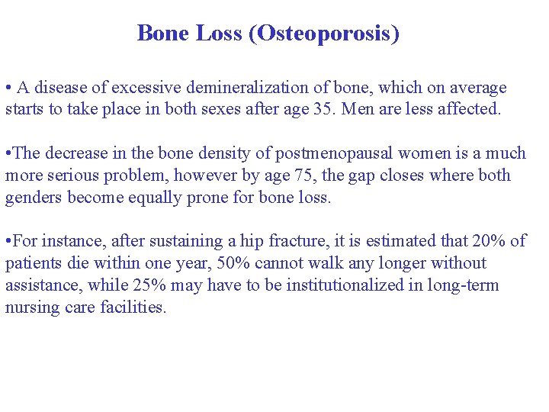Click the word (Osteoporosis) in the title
(324, 34)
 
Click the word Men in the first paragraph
(357, 109)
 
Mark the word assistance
(40, 286)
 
